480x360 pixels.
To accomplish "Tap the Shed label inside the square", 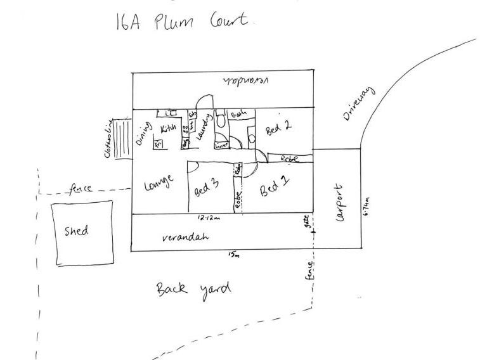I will point(77,231).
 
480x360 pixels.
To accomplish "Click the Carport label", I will point(339,203).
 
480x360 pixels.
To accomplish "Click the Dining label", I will point(141,133).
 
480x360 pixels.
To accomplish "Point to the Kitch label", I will point(168,129).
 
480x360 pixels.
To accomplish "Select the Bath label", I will point(239,114).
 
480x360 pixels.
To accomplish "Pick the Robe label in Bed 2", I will point(289,158).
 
